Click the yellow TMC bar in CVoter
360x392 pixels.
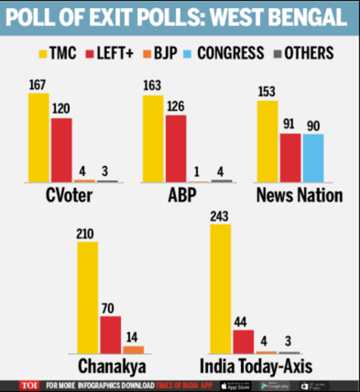[x=38, y=137]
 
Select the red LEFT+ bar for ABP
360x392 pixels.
[x=176, y=148]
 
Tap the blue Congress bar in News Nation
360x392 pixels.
[x=313, y=158]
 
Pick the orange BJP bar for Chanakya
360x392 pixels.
[x=133, y=349]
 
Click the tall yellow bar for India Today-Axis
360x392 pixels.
[x=220, y=289]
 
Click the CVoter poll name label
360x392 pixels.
[x=70, y=196]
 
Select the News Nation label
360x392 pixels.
[x=299, y=196]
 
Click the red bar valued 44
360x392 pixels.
[x=243, y=341]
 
